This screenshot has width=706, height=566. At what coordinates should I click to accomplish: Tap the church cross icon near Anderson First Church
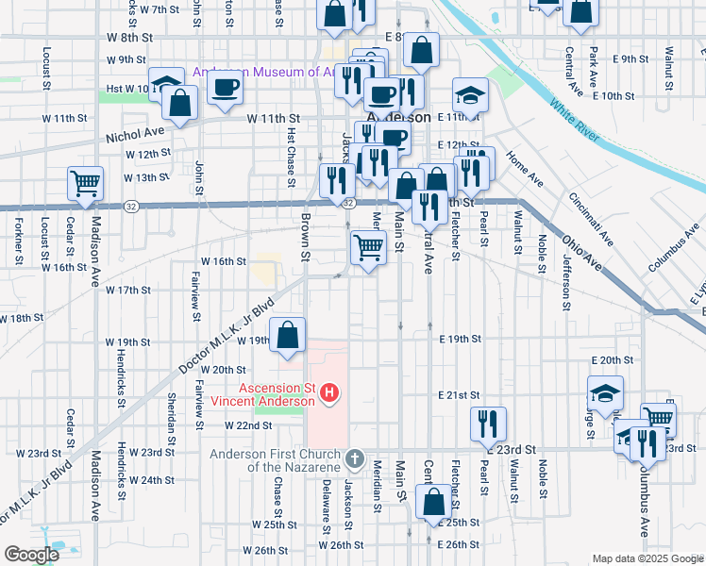coord(354,458)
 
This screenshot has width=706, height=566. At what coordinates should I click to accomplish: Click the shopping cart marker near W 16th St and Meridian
coord(368,248)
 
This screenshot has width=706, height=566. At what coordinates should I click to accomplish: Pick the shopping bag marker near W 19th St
coord(288,335)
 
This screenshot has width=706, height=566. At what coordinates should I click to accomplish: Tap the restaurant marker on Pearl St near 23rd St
coord(487,423)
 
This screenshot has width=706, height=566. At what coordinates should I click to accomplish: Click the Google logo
coord(31,555)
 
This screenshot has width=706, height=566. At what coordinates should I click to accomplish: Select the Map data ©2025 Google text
coord(647,558)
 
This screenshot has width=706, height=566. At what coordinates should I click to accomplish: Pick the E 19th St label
coord(460,338)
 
